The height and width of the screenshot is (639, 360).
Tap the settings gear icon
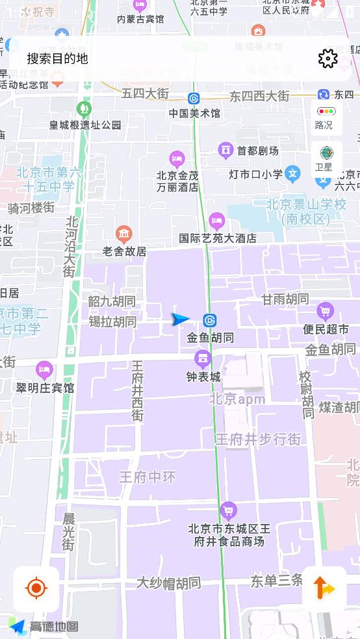point(328,58)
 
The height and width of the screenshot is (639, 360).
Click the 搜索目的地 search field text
point(57,58)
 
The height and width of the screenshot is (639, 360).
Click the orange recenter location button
point(36,588)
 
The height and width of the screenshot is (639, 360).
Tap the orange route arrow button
point(324,588)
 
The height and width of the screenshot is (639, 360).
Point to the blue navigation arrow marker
point(180,319)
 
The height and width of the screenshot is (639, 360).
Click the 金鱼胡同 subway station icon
point(209,320)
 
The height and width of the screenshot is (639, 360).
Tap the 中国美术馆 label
point(194,114)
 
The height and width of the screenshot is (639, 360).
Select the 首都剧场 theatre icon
point(225,151)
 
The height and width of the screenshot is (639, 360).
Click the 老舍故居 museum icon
point(123,234)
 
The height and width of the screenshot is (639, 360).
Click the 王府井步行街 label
point(259,439)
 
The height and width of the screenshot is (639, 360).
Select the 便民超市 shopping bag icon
point(325,312)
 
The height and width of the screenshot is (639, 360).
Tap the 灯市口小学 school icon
point(293,173)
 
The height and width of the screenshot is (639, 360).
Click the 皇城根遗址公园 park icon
point(84,108)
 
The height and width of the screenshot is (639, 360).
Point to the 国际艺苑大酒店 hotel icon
point(217,221)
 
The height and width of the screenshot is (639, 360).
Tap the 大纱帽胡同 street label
point(168,583)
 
